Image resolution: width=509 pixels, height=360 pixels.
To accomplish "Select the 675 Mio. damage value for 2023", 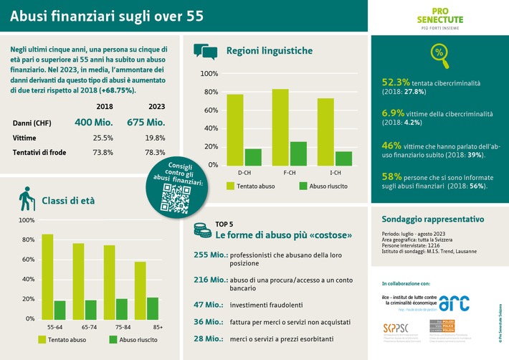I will click(x=147, y=123).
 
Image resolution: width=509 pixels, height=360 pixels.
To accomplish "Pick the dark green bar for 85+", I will click(x=153, y=308).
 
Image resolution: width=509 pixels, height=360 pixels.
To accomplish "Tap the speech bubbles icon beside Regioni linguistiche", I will click(x=205, y=51).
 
